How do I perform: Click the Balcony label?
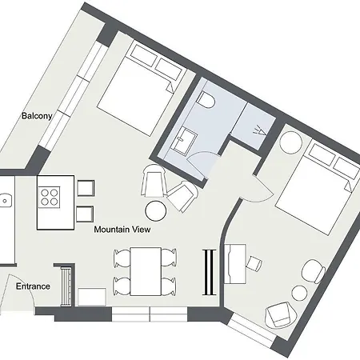coord(37,116)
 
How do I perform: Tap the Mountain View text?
coord(122,230)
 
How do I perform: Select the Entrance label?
coord(33,286)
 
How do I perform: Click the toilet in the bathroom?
coord(206,100)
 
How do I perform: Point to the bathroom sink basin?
coord(186,141)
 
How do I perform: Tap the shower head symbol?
coord(260,130)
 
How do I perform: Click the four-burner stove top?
coord(49,197)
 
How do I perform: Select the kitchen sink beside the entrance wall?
coord(5,201)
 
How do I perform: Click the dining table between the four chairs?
coord(146,271)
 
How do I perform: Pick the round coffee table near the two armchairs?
coord(156,211)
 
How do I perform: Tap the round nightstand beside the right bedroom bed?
coord(291,142)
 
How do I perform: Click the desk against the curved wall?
coord(235,263)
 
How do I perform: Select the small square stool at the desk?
coord(254,263)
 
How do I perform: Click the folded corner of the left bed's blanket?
coord(170,86)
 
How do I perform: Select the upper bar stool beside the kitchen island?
coord(86,188)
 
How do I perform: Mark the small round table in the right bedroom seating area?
coord(300,293)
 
